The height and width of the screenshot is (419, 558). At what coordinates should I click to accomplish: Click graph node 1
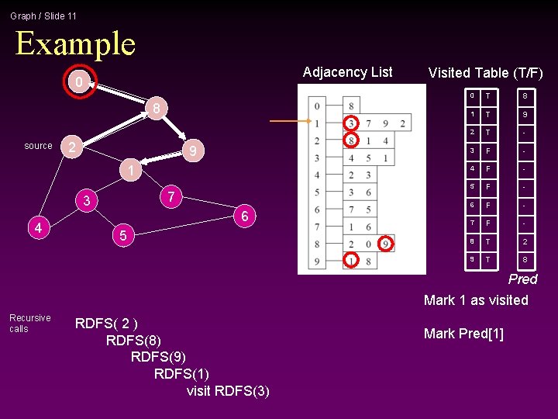[x=132, y=170]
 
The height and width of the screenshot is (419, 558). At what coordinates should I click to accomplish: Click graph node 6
[x=244, y=216]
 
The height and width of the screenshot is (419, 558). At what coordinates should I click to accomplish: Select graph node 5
[x=122, y=234]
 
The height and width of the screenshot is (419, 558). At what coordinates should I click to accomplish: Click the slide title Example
[x=75, y=43]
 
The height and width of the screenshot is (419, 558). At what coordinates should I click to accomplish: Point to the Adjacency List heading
[x=347, y=72]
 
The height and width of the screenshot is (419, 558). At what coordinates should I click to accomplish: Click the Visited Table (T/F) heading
[x=485, y=73]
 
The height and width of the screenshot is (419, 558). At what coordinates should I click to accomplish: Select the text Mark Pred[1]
[x=463, y=334]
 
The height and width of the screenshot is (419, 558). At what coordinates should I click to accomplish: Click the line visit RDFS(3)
[x=228, y=391]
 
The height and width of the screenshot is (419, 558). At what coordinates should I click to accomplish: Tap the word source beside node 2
[x=38, y=146]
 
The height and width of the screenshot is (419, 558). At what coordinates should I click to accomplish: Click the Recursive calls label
[x=29, y=324]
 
